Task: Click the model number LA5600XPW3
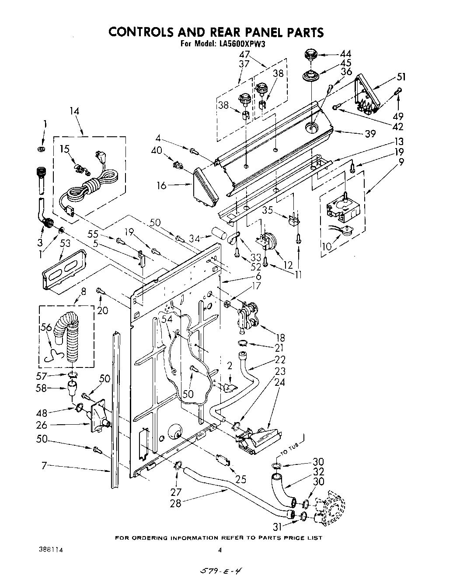tap(242, 44)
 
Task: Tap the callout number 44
tap(345, 54)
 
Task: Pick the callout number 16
tap(161, 186)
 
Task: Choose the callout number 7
tap(44, 466)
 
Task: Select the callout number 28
tap(176, 503)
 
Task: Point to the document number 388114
tap(49, 550)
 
